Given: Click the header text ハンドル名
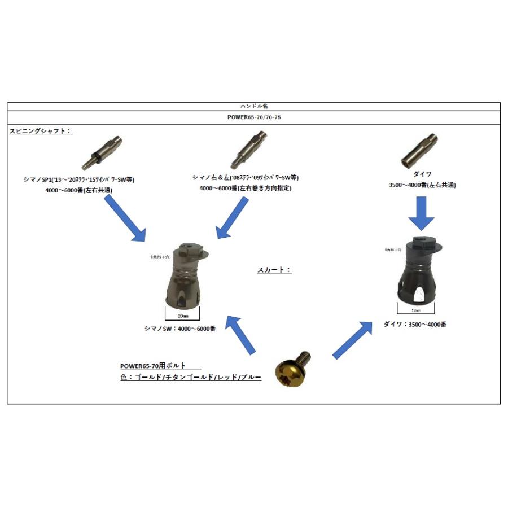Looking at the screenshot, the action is (x=254, y=106).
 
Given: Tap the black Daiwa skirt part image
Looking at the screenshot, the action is (x=421, y=271).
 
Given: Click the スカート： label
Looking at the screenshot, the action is (x=274, y=270).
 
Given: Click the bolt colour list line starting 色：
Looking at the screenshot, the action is (x=191, y=377).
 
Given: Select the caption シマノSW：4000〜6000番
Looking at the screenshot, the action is (x=180, y=329).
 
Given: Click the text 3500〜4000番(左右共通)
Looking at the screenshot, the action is (x=422, y=185).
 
